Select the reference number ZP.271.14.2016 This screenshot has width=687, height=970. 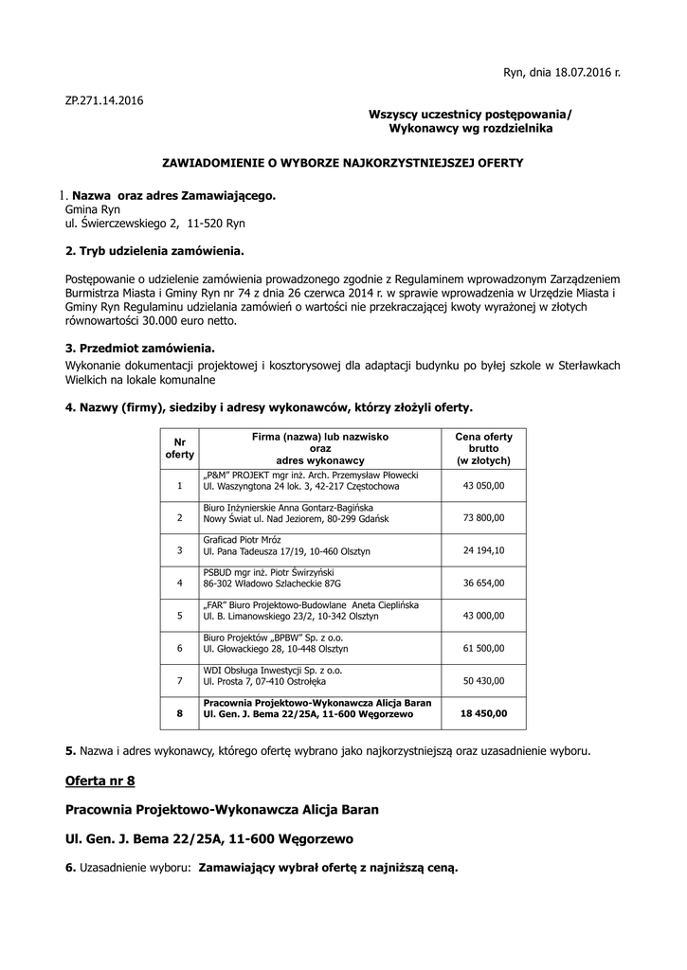click(x=104, y=99)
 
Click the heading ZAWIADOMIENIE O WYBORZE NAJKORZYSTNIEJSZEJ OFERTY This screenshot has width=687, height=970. click(x=343, y=163)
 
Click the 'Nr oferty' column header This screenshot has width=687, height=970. click(x=179, y=448)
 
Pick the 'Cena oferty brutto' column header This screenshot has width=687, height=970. click(x=483, y=448)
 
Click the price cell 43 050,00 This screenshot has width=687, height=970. click(x=483, y=486)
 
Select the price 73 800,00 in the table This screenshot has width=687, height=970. click(x=483, y=518)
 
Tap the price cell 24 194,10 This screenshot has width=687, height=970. click(x=483, y=550)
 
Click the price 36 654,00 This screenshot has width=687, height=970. click(x=483, y=583)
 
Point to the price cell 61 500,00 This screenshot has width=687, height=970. click(x=483, y=648)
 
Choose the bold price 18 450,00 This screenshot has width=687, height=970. click(x=483, y=713)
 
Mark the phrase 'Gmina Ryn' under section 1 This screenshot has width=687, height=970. click(x=93, y=209)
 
